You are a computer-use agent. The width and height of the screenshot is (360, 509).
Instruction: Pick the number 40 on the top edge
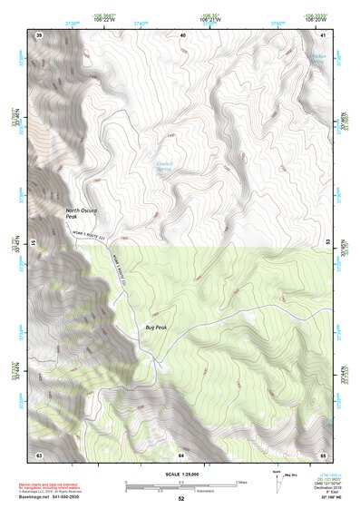181,34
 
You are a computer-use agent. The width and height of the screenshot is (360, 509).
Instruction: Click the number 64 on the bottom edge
180,453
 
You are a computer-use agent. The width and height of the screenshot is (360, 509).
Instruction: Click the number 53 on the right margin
328,243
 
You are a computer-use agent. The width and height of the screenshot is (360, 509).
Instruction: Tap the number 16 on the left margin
34,243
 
